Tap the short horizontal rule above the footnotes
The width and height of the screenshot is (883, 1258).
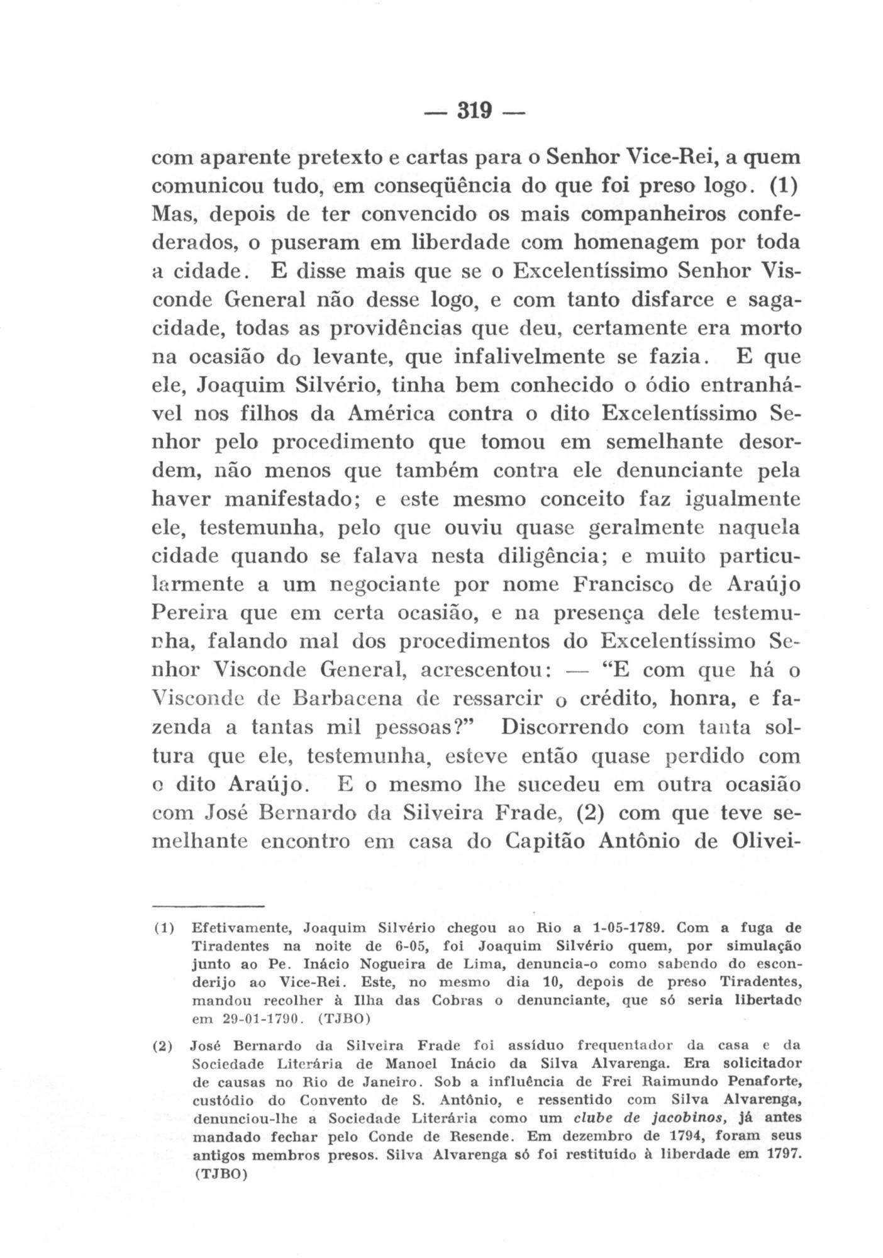(208, 906)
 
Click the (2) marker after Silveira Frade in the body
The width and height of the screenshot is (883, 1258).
(591, 813)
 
